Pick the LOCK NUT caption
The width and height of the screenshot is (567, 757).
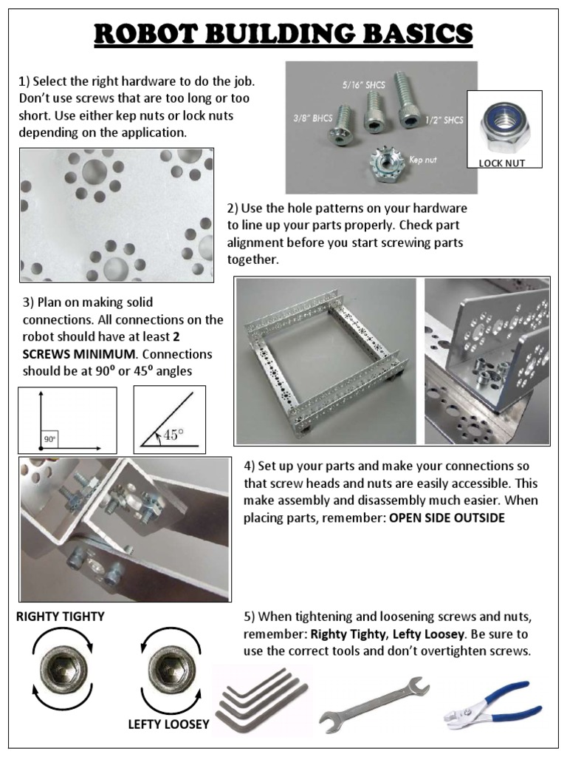pos(501,163)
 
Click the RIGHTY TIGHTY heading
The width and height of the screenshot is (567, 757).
pos(61,616)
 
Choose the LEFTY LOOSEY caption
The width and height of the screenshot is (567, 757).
pos(168,724)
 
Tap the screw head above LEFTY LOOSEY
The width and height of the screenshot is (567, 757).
pos(167,670)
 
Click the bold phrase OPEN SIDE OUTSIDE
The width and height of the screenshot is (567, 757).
pos(447,518)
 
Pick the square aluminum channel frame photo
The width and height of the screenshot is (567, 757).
pos(326,361)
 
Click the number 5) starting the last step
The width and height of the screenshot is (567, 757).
pos(250,617)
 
